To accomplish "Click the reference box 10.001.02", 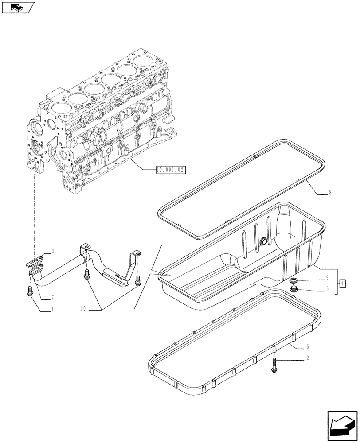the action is tap(170, 169).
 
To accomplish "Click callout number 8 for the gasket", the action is tap(330, 193).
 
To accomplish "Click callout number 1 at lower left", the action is tap(52, 310).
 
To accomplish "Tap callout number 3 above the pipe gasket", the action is tap(52, 251).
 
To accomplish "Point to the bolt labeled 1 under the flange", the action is tap(30, 291).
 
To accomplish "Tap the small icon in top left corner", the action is tap(18, 7).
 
